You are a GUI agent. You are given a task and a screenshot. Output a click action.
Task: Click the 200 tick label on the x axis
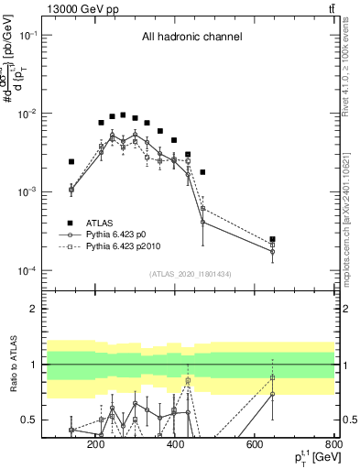(96, 445)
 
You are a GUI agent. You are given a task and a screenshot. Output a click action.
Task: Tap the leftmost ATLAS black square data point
(71, 161)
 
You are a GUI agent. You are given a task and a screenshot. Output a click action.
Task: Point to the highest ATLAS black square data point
(123, 115)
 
